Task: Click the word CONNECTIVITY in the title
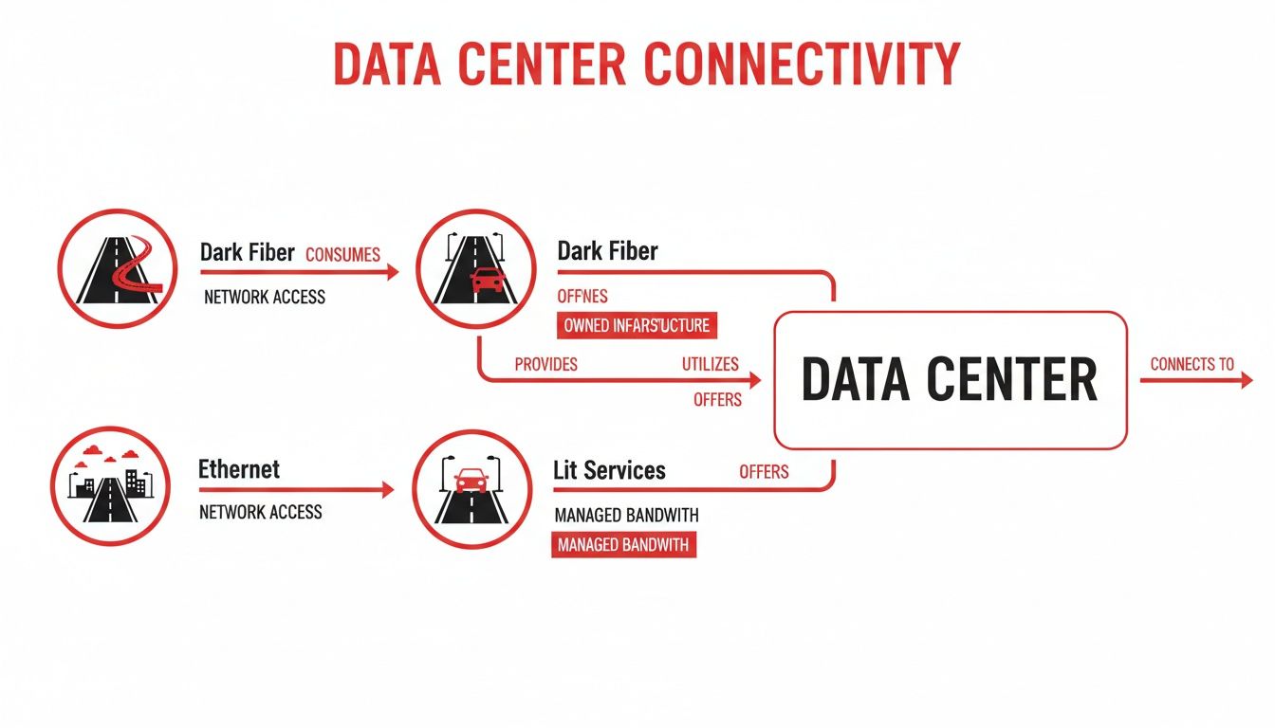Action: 802,65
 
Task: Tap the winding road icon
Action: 118,269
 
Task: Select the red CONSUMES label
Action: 342,254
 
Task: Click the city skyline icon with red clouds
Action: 110,486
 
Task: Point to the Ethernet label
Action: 239,469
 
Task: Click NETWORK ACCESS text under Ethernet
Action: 261,512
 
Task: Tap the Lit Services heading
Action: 609,470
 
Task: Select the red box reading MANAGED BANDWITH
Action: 623,545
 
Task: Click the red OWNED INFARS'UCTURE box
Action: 637,325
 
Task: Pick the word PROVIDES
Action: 545,364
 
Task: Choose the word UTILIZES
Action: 710,364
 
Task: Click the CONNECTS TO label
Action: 1192,364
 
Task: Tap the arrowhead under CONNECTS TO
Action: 1246,380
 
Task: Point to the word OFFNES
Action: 582,297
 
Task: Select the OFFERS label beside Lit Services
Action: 764,471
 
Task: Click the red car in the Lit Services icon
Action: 471,480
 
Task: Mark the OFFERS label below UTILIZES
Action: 717,400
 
